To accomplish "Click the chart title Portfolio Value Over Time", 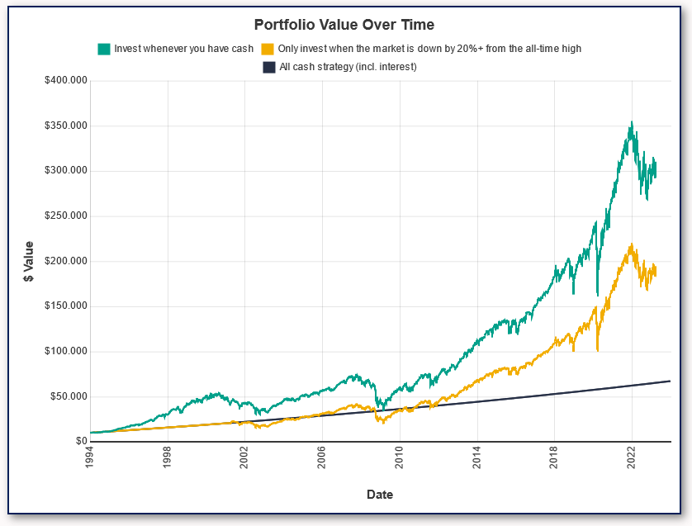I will click(x=344, y=25).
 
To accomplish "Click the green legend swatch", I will click(x=103, y=49).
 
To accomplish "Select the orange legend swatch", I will click(x=267, y=49).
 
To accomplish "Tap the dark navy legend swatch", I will click(x=268, y=67).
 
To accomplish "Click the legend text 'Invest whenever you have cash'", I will click(x=183, y=49).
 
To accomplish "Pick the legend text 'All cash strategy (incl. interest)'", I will click(x=348, y=67).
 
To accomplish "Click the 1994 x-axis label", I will click(x=90, y=458).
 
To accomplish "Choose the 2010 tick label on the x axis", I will click(x=400, y=458).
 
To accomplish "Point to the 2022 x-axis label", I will click(x=632, y=458).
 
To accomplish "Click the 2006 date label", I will click(x=322, y=458).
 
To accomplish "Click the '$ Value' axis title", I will click(x=29, y=261).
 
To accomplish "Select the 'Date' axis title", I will click(x=380, y=495).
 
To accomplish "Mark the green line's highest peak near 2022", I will click(x=632, y=122).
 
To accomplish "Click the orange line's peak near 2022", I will click(x=632, y=244).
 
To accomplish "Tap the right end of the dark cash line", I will click(x=670, y=381).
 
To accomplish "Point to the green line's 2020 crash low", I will click(x=597, y=295).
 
